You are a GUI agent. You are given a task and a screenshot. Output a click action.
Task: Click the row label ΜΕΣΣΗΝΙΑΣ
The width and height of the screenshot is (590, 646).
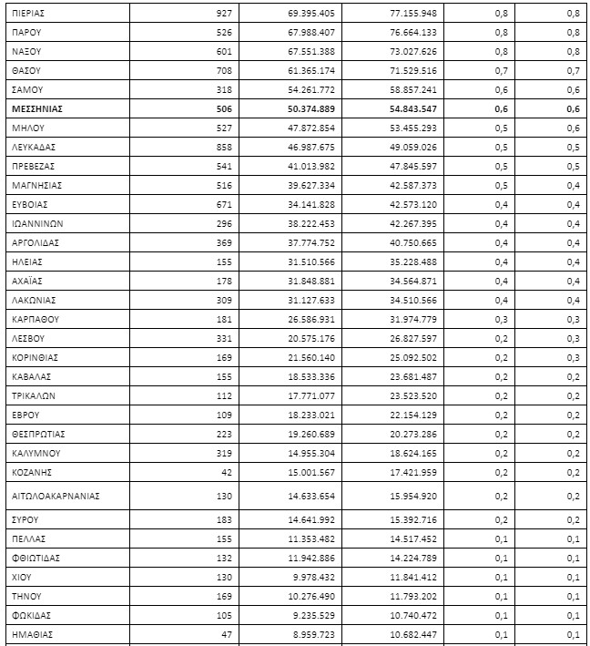click(x=37, y=108)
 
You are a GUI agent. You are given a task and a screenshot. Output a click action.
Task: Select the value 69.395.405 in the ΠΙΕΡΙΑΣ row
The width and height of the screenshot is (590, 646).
click(x=311, y=13)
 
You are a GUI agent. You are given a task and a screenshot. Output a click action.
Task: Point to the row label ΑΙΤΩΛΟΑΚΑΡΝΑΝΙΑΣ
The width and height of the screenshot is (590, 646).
click(x=56, y=496)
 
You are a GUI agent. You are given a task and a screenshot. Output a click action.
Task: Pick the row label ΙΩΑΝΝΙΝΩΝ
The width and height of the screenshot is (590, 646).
click(x=37, y=223)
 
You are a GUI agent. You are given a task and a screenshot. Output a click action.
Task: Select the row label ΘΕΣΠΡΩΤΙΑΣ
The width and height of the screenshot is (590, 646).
click(x=39, y=434)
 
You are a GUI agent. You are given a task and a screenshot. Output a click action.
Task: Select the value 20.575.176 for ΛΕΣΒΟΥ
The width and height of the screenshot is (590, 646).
click(x=311, y=338)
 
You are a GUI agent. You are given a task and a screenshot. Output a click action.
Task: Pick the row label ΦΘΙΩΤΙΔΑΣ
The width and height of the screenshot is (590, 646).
click(x=36, y=558)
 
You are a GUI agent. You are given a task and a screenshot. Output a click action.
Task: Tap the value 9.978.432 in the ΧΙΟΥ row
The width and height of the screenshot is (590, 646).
click(x=313, y=577)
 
